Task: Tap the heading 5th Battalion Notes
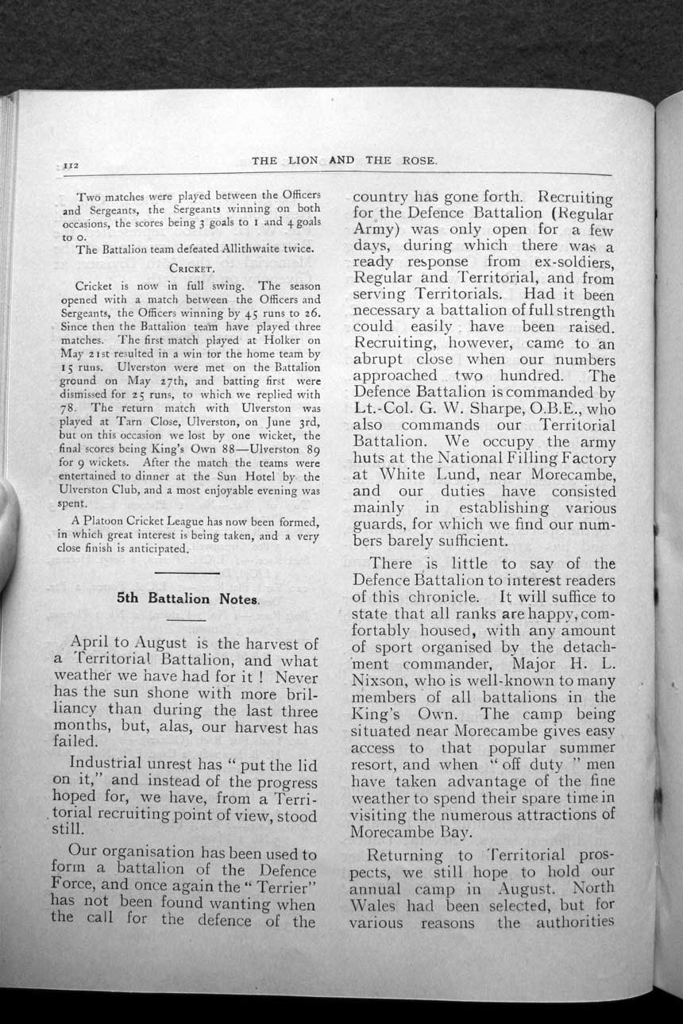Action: pos(187,599)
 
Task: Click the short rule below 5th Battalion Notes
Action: pos(187,618)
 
